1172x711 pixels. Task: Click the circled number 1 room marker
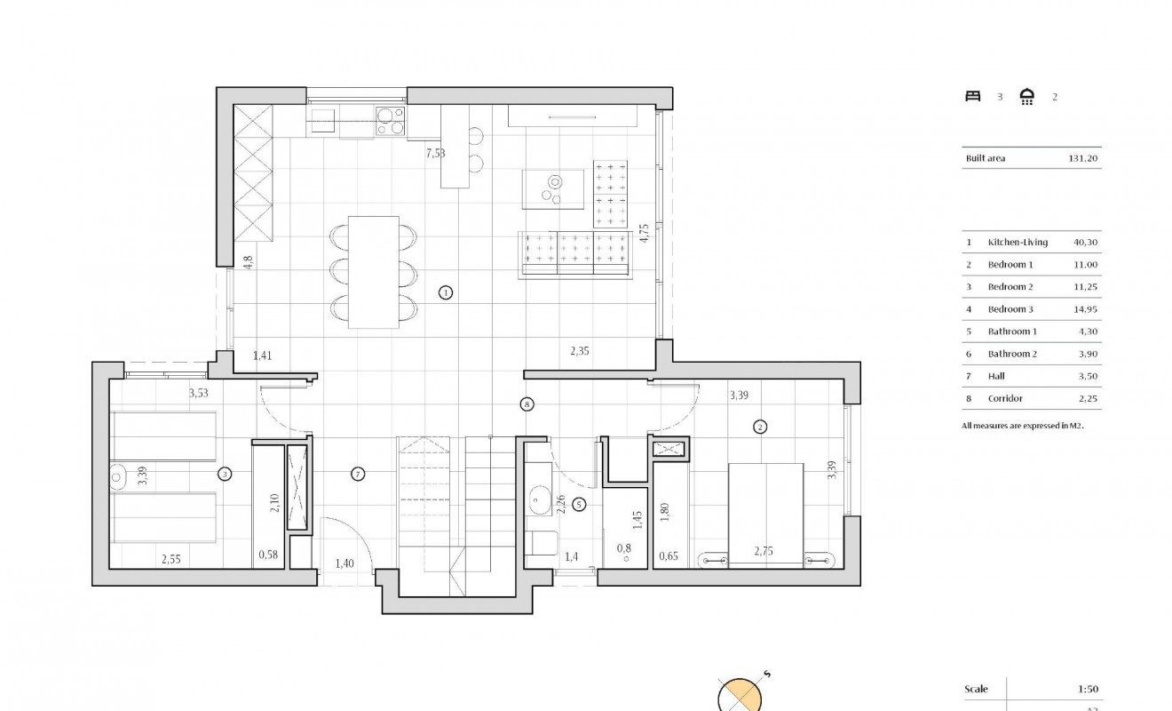(446, 292)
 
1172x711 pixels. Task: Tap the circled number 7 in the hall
(358, 474)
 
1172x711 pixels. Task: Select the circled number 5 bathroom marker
(580, 505)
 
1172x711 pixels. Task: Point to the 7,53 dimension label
(435, 153)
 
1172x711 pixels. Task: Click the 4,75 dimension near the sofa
(645, 234)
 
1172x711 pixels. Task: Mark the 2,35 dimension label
(580, 351)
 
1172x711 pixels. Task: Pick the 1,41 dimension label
(262, 356)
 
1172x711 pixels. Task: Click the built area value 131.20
(1083, 159)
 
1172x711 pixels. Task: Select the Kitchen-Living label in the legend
(1018, 242)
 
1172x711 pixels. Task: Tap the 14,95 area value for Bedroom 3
(1086, 309)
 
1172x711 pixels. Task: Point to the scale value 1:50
(1087, 690)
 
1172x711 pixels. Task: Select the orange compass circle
(740, 696)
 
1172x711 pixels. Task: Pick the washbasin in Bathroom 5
(539, 501)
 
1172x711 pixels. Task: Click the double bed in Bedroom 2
(766, 513)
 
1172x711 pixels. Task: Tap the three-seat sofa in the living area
(574, 252)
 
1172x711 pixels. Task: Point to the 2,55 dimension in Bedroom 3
(172, 560)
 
